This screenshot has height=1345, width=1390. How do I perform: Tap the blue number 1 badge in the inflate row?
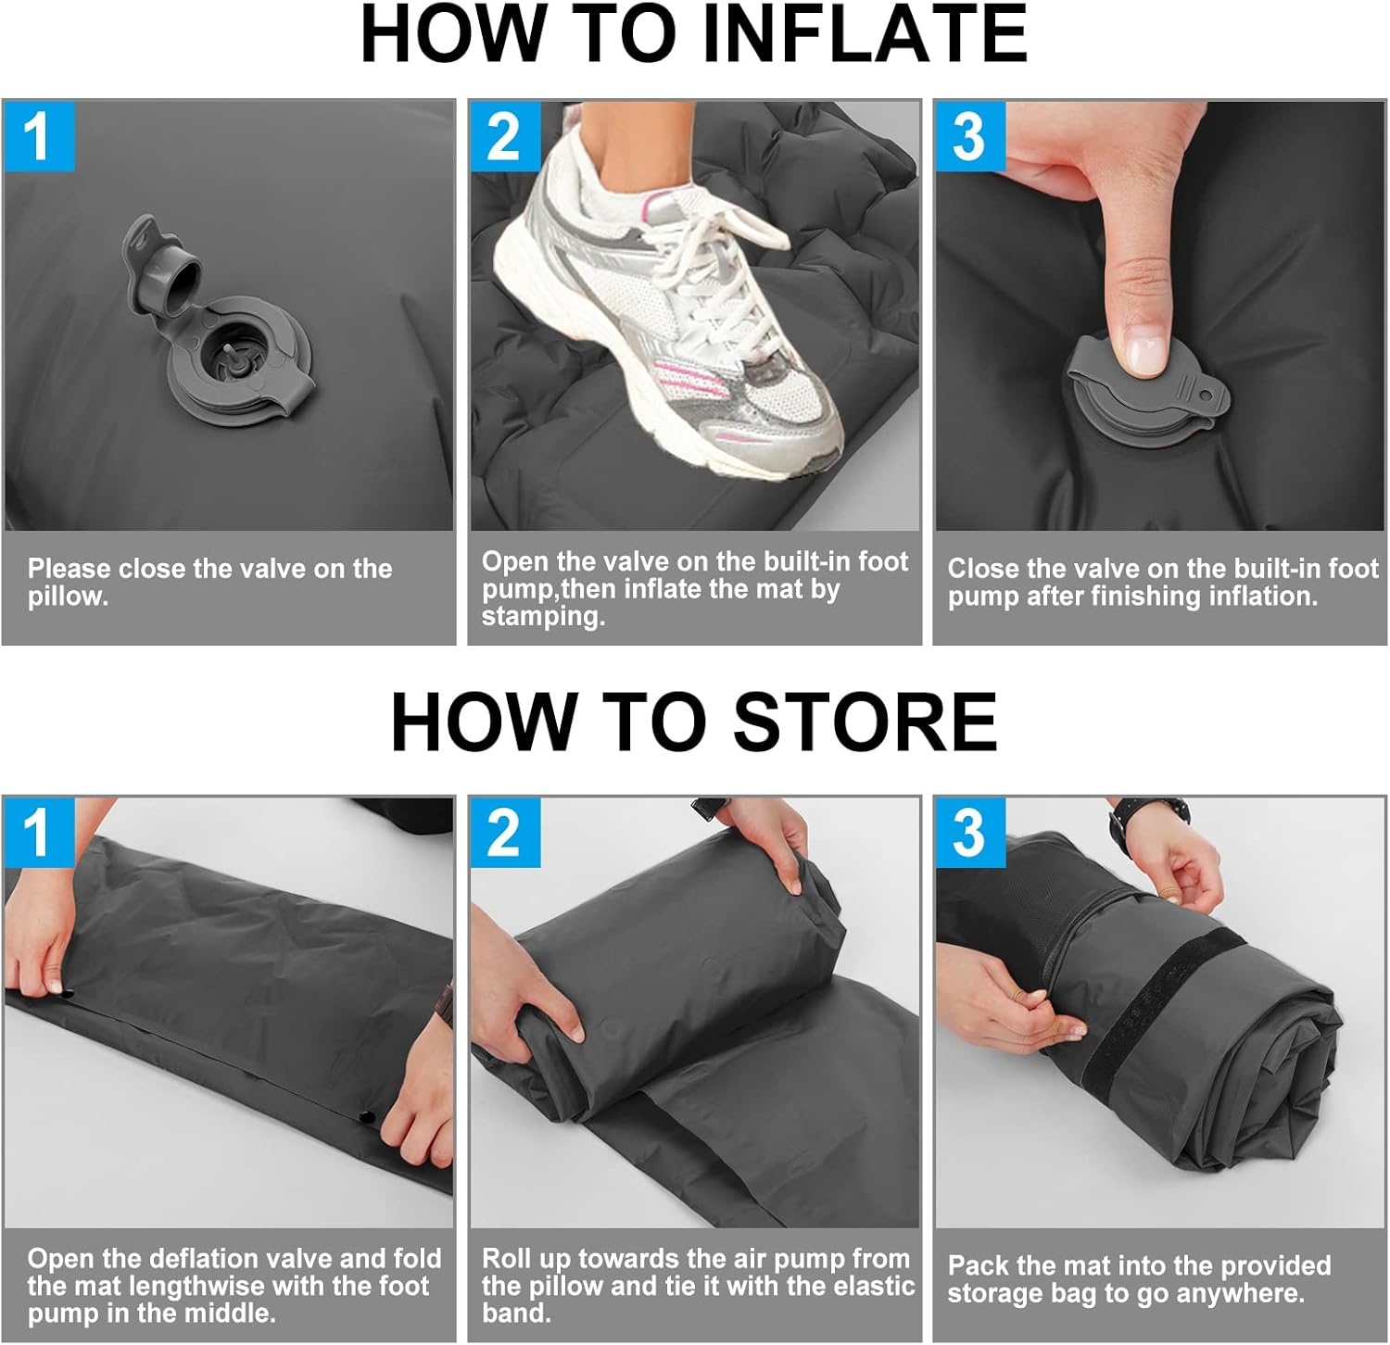[x=38, y=136]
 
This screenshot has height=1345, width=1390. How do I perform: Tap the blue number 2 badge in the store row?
[x=503, y=833]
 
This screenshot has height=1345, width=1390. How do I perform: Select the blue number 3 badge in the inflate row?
[x=969, y=136]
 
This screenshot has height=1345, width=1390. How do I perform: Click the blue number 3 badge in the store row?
[x=969, y=833]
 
